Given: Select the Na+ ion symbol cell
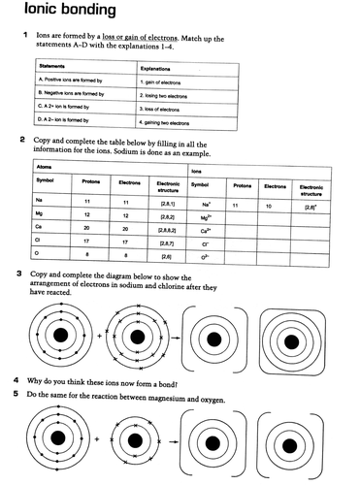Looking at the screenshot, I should coord(206,204).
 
